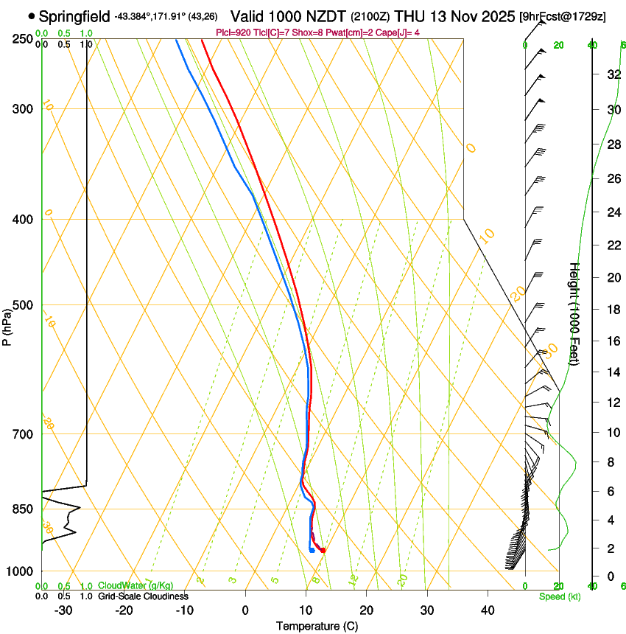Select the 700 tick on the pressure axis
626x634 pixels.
tap(22, 433)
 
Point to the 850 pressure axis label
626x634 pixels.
tap(22, 509)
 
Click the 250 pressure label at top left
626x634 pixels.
tap(22, 38)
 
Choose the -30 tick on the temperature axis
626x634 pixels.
tap(63, 610)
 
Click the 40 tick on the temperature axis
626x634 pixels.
tap(488, 610)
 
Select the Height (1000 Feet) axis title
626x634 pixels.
tap(574, 313)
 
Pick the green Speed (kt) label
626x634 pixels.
tap(559, 596)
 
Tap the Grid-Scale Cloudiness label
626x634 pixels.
tap(143, 596)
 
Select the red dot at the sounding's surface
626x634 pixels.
tap(323, 550)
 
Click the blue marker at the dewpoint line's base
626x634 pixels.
tap(312, 550)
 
